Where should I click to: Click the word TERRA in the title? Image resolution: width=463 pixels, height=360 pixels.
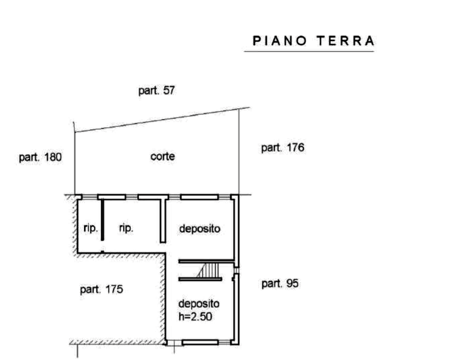coord(345,41)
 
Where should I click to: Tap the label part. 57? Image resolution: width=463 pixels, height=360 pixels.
coord(157,91)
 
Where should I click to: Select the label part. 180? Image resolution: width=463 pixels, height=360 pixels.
coord(40,157)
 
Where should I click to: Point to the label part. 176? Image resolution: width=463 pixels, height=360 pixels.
coord(282,147)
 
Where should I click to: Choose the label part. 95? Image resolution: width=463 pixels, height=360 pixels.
coord(280,284)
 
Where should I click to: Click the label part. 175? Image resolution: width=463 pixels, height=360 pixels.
coord(101,289)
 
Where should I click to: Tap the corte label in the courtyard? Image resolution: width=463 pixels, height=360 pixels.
coord(162,157)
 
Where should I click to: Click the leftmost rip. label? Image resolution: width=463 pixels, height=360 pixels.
coord(91,228)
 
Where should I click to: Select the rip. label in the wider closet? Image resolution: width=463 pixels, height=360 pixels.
coord(126,228)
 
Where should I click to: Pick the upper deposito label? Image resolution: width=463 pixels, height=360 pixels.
coord(199,229)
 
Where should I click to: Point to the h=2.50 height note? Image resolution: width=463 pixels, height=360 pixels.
coord(195,317)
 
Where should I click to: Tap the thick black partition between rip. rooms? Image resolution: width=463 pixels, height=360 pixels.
coord(102,220)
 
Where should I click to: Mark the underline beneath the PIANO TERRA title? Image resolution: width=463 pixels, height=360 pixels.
coord(309,52)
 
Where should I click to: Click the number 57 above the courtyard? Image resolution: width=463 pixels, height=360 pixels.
coord(168,91)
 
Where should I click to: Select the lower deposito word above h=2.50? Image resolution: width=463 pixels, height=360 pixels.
coord(199,304)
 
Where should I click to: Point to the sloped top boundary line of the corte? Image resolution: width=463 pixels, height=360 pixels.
coord(162,120)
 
